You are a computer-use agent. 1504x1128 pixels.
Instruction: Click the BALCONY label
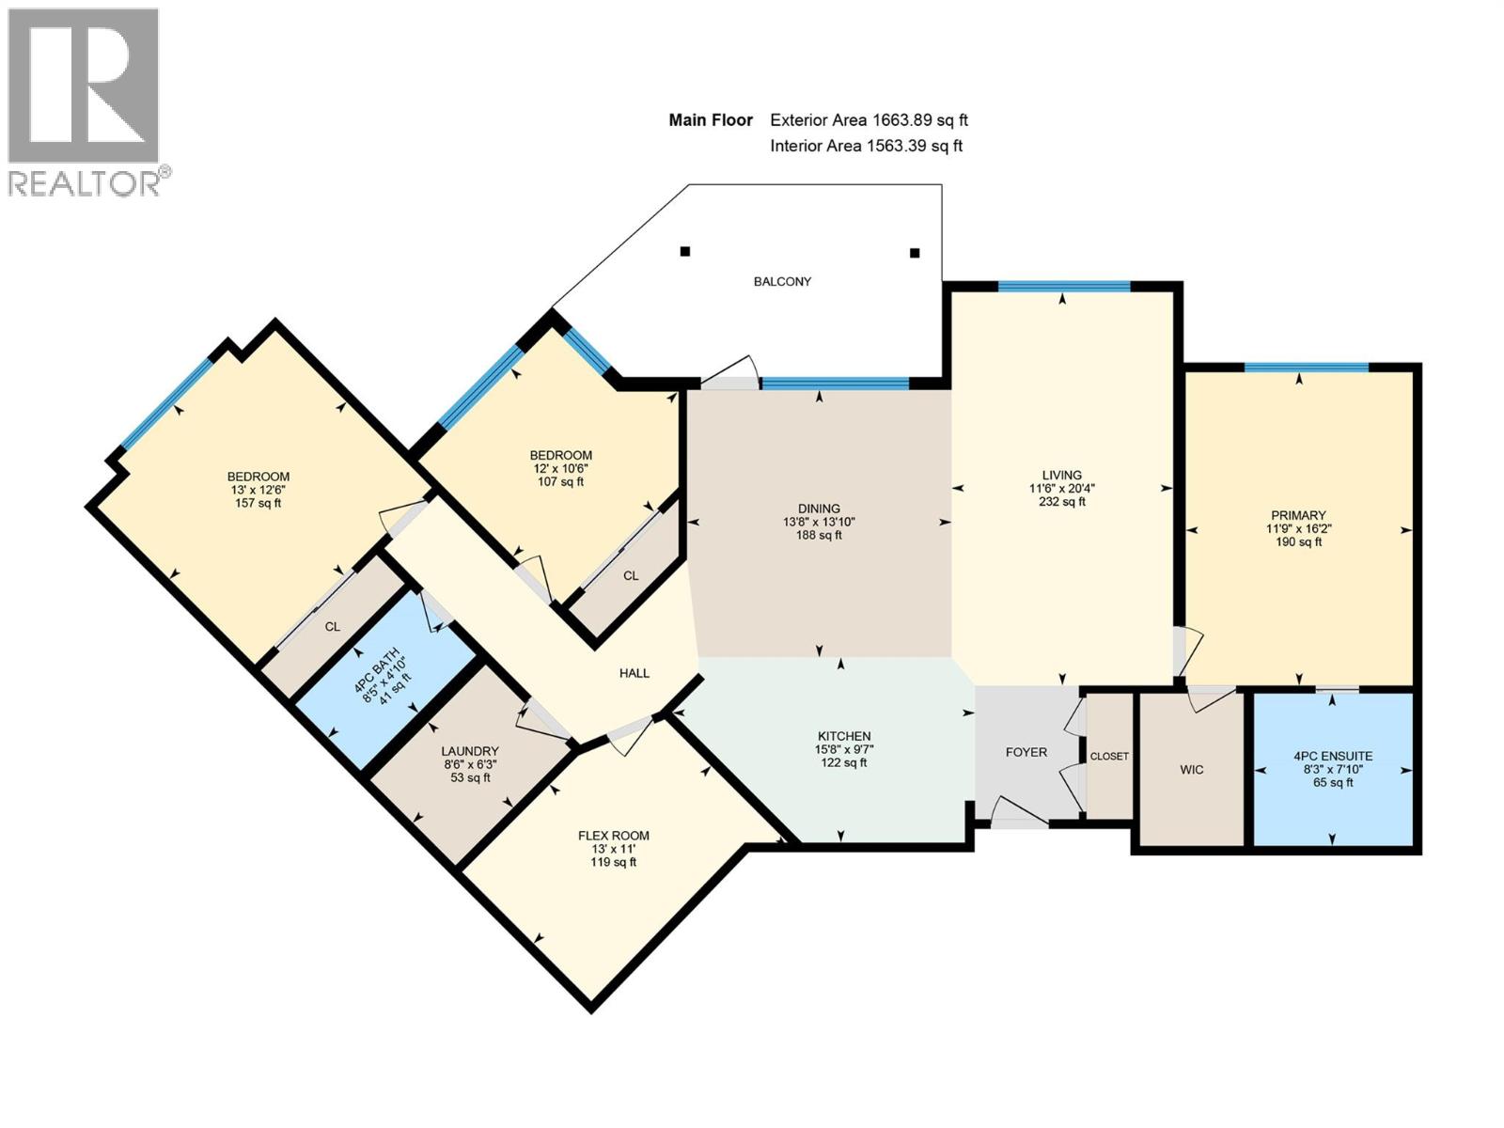[x=782, y=281]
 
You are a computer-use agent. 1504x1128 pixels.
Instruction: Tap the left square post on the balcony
[x=684, y=251]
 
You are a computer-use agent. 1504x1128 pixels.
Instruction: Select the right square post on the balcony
[x=914, y=253]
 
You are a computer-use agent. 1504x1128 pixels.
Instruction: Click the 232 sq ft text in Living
[x=1062, y=501]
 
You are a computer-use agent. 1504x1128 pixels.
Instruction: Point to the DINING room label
[x=819, y=509]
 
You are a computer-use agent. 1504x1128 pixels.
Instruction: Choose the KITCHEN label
[x=843, y=736]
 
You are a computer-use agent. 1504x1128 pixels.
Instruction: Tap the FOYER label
[x=1026, y=752]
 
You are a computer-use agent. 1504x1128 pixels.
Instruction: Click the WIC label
[x=1192, y=770]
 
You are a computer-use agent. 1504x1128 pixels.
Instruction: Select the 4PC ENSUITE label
[x=1333, y=756]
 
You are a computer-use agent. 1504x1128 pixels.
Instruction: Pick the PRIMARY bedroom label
[x=1298, y=515]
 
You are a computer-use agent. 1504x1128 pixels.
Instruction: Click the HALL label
[x=634, y=673]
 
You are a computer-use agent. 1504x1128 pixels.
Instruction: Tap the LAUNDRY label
[x=469, y=751]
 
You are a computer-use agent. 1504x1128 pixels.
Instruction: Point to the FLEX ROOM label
[x=613, y=836]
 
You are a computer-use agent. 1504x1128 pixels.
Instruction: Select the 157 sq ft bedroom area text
[x=258, y=504]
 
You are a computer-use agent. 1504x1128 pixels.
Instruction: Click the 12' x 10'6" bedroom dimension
[x=560, y=468]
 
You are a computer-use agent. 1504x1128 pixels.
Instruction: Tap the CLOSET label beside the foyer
[x=1109, y=756]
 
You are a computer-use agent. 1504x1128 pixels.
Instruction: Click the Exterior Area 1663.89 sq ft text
[x=869, y=120]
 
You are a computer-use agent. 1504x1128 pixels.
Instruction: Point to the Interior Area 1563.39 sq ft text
[x=866, y=146]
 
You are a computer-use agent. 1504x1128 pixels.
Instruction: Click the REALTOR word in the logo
[x=85, y=183]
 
